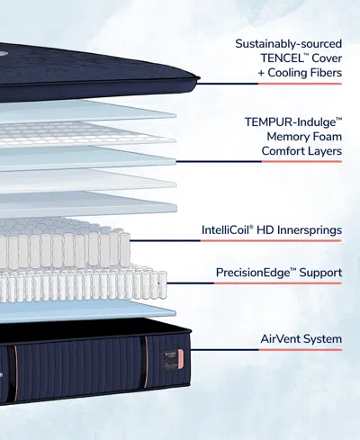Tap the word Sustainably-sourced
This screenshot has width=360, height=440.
click(288, 43)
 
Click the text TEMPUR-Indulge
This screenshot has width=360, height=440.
click(291, 119)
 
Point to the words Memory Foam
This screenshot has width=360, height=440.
click(302, 135)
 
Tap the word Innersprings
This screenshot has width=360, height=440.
click(304, 230)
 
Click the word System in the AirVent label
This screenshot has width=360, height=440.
click(322, 339)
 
